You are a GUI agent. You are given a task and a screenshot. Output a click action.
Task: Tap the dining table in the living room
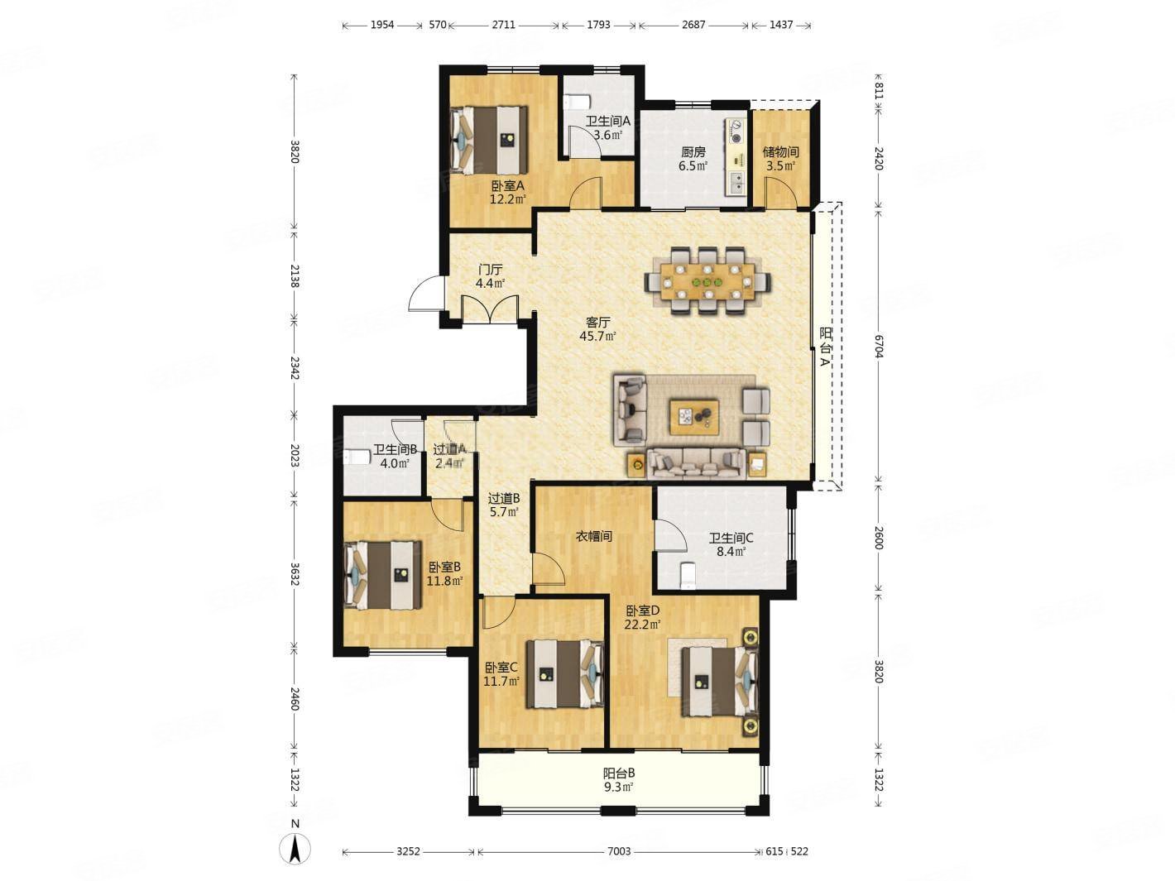point(707,281)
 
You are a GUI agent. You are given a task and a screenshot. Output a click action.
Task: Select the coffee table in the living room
point(692,416)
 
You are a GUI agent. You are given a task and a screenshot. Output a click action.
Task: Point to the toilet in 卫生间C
point(686,576)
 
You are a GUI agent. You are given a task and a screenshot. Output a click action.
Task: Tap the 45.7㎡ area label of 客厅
point(597,336)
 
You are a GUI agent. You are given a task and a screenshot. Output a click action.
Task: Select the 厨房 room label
point(693,152)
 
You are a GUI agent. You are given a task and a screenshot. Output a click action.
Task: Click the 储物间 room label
point(781,152)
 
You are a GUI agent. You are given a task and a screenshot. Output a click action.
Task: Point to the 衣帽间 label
point(593,536)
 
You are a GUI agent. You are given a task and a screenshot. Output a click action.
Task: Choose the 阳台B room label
point(619,773)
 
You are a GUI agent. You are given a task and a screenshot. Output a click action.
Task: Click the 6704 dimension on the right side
point(879,347)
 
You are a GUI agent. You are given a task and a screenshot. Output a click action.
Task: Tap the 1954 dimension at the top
point(382,25)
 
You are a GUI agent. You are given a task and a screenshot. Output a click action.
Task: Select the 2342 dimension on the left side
point(294,367)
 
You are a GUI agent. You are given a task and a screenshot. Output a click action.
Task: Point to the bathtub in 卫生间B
point(357,457)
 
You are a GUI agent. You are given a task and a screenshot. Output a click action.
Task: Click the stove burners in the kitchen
point(736,132)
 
